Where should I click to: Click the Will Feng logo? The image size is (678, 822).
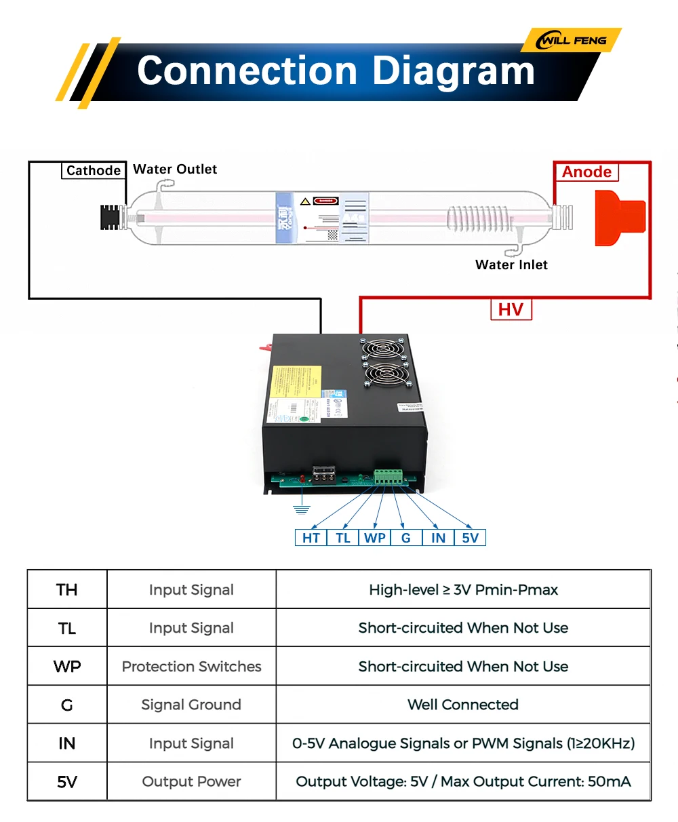coord(572,41)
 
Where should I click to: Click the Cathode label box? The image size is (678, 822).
coord(94,171)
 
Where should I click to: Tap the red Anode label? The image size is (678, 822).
coord(586,172)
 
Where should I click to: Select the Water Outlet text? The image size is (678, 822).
coord(175,170)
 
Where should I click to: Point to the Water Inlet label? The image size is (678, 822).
coord(511,265)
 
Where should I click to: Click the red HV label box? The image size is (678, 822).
coord(511,310)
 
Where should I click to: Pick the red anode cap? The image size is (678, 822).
coord(619,218)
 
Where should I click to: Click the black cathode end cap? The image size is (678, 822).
coord(111,217)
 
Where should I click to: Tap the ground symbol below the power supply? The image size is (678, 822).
coord(302,509)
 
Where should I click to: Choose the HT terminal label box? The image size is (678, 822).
coord(311,538)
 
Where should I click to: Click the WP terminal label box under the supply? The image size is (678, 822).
coord(375,538)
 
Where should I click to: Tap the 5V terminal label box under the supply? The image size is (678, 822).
coord(470,538)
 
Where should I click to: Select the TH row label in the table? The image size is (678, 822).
coord(67,590)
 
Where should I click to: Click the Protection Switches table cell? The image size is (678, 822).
coord(191,667)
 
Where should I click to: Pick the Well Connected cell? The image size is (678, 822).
coord(463,705)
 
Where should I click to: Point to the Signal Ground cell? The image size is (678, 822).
coord(191,705)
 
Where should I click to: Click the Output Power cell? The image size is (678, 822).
coord(191,782)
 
